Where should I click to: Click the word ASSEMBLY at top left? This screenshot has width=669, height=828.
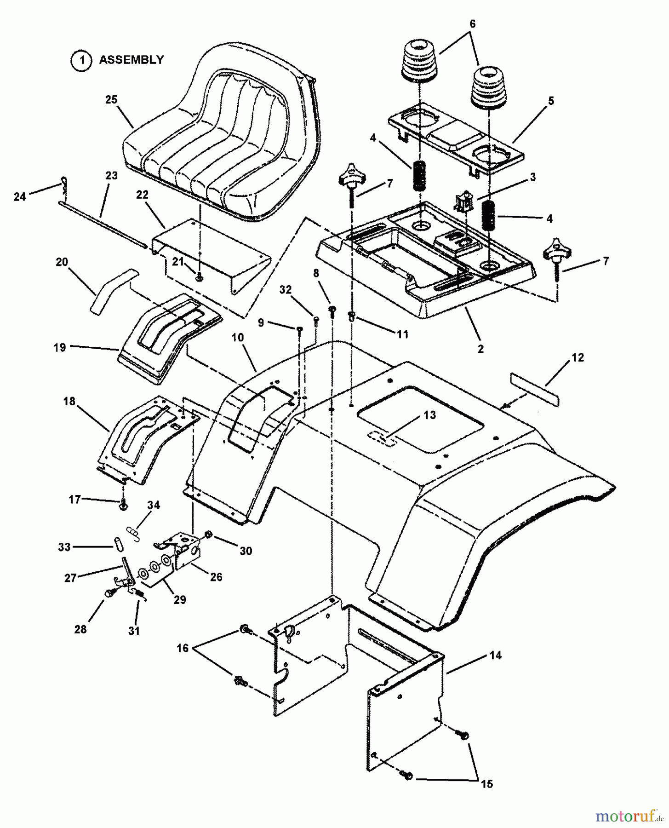[x=131, y=60]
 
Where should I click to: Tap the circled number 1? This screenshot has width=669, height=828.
[x=81, y=60]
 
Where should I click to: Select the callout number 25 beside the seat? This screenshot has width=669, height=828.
[x=111, y=99]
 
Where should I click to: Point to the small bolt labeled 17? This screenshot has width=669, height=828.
[x=123, y=505]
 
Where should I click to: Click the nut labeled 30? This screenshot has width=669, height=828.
[x=208, y=535]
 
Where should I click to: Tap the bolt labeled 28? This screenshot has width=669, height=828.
[x=109, y=594]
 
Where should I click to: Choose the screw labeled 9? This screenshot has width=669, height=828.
[x=299, y=328]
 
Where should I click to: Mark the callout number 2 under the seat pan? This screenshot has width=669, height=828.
[x=480, y=349]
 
